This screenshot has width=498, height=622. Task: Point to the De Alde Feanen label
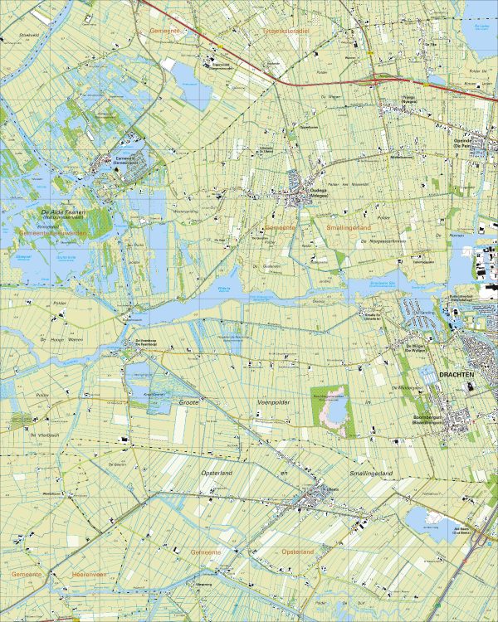(64, 212)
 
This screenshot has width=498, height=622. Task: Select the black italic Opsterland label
(220, 472)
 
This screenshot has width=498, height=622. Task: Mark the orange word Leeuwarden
(69, 234)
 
